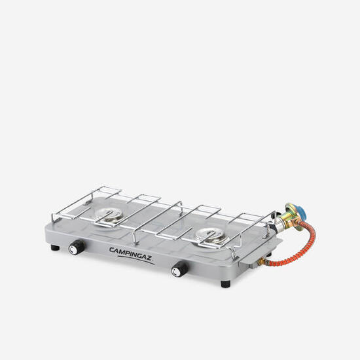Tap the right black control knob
(x=177, y=270)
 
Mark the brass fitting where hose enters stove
(x=264, y=262)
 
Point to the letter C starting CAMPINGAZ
(x=112, y=247)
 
